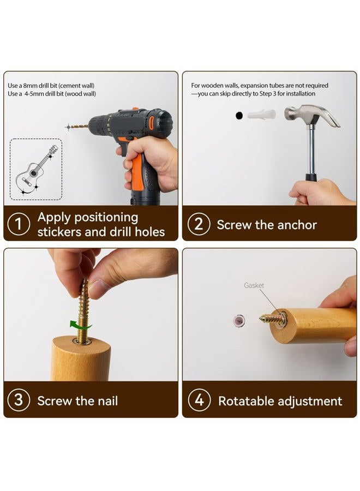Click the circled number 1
19,224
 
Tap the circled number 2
199,224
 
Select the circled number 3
19,400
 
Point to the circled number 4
199,400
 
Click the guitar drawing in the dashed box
37,169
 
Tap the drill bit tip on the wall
69,127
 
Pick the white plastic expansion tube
261,115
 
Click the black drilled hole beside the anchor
239,116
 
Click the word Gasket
254,285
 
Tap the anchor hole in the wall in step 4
239,321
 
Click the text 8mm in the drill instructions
31,86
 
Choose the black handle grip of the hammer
311,177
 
